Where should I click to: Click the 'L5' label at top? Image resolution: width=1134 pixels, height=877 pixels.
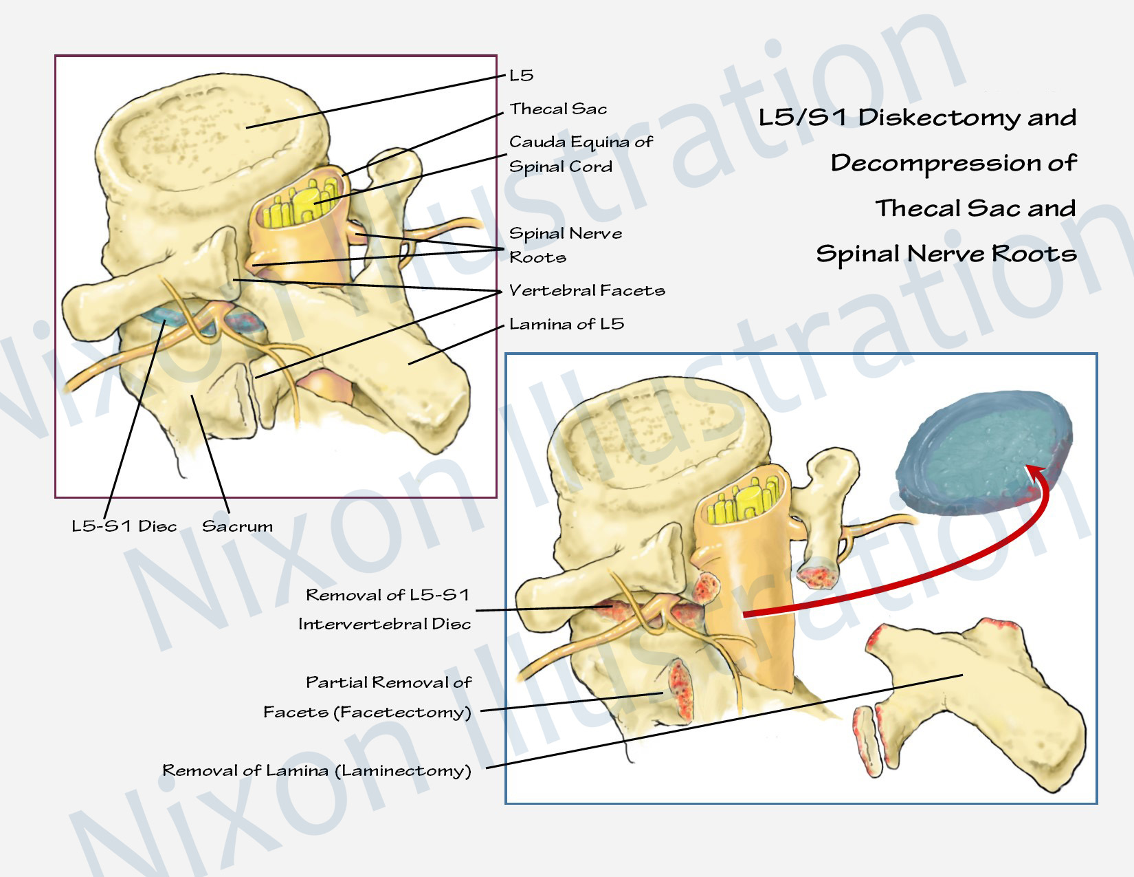point(521,75)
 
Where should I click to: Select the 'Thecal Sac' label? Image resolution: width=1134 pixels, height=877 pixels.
point(558,109)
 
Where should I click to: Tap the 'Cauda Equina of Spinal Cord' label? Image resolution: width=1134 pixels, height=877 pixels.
point(580,154)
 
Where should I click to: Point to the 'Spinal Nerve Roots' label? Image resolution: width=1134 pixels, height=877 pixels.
point(565,245)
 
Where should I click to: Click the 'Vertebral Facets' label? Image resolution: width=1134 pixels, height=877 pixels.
point(587,290)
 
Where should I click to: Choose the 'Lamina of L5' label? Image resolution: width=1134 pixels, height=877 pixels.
point(566,324)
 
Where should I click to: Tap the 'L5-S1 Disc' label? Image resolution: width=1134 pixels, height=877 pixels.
point(124,526)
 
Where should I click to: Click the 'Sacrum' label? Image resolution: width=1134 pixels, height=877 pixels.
point(237,526)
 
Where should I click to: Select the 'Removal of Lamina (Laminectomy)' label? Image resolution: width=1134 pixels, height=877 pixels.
point(317,770)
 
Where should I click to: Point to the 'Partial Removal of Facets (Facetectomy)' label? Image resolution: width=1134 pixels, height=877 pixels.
point(368,697)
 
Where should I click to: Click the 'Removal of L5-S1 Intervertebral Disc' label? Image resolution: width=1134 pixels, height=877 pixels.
point(386,609)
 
